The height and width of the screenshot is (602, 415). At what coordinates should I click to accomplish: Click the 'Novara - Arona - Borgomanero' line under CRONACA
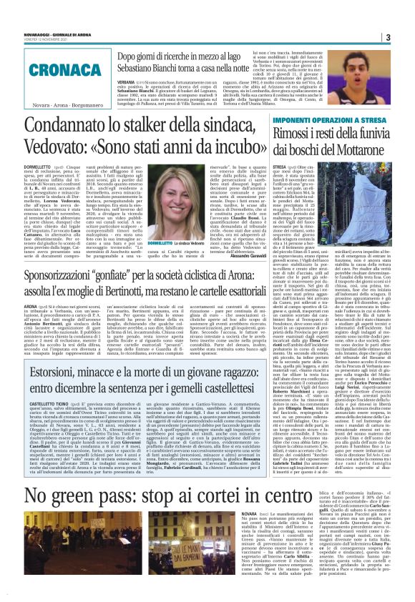pyautogui.click(x=56, y=105)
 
